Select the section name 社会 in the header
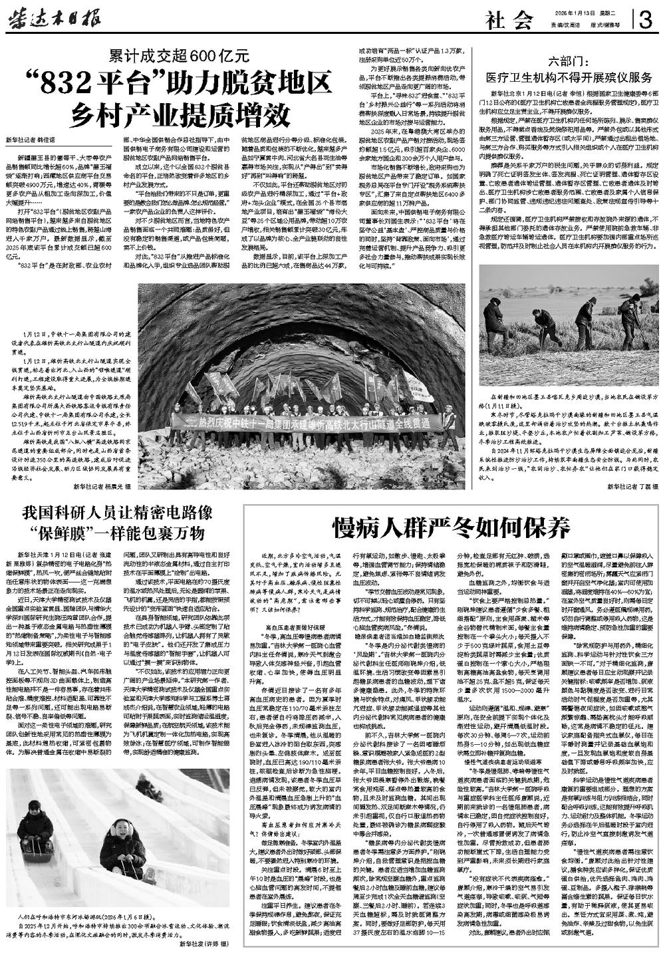coord(509,21)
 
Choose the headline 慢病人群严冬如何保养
coord(452,527)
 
